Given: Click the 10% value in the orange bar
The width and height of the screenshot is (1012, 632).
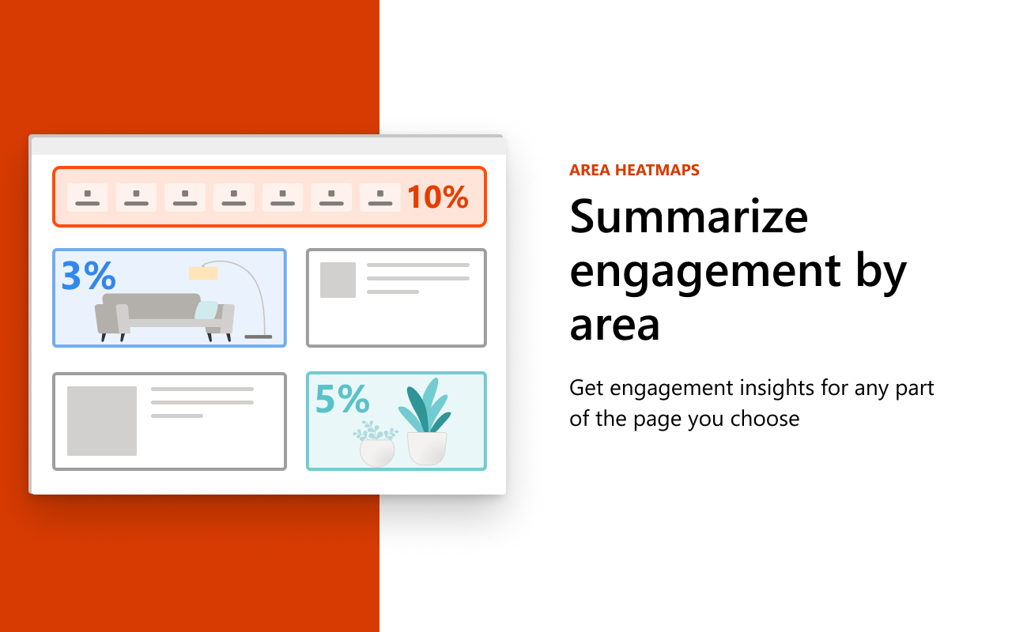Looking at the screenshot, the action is coord(438,197).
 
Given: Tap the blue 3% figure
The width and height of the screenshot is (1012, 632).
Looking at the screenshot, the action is coord(89,275).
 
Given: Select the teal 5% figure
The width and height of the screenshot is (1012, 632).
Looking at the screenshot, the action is coord(342,399).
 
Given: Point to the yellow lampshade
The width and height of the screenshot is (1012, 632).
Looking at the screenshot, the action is coord(203,273).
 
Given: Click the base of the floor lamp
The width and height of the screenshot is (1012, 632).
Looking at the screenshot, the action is coord(259,337).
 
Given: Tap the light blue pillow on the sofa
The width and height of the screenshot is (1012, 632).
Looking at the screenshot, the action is coord(206,310).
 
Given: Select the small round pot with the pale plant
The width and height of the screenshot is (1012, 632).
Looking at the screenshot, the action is coord(377,453).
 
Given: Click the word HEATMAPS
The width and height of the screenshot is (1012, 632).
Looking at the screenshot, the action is coord(657,170).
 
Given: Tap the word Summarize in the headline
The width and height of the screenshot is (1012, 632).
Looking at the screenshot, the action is coord(689,217).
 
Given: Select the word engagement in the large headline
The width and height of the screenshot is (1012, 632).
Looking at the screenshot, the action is coord(705,273).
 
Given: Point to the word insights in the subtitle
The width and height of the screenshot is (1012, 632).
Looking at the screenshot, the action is coord(779,388).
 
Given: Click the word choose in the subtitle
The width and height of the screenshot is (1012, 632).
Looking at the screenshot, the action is coord(765,419).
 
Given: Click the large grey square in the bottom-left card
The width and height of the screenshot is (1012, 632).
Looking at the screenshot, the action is coord(102,421).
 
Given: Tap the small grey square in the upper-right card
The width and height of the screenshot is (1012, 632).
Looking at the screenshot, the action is coord(338,280).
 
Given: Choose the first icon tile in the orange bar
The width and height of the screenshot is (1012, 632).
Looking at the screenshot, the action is coord(87,197).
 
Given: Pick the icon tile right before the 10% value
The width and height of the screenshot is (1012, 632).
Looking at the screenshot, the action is coord(380,197).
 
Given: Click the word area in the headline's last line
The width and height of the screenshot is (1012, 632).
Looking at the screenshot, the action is coord(615,326).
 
